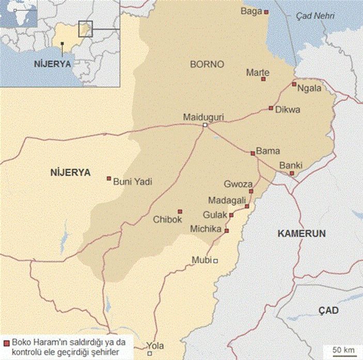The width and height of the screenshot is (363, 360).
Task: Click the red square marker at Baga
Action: (266, 12)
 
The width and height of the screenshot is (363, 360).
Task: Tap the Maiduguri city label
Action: (203, 117)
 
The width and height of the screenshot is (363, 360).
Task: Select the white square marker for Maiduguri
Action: (205, 125)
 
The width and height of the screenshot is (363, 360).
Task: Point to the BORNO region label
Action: (207, 64)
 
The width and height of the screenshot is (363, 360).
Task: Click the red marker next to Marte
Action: (263, 79)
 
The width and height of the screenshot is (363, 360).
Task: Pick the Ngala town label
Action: (309, 88)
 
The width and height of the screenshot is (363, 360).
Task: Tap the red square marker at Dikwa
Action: (271, 108)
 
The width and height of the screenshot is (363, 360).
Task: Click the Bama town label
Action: (268, 151)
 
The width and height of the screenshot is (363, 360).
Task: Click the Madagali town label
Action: (226, 200)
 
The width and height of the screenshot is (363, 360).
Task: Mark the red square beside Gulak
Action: (231, 215)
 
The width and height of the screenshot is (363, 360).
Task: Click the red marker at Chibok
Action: (180, 211)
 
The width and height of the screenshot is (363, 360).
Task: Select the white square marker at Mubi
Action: (216, 260)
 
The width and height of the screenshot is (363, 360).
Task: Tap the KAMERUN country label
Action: (302, 233)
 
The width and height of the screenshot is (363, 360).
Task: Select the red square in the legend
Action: (6, 343)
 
